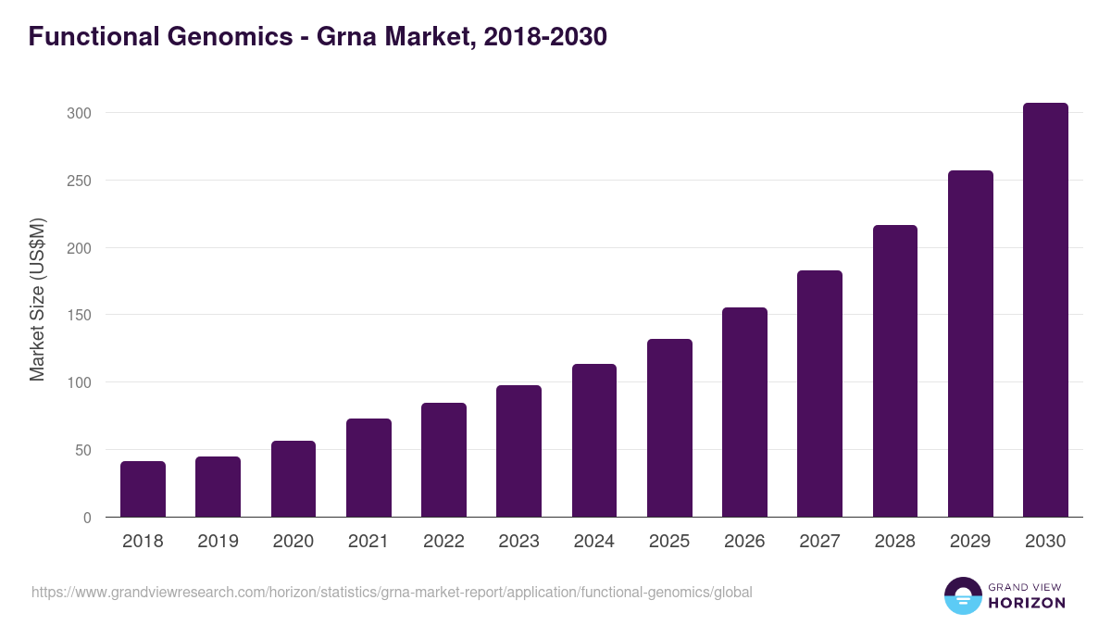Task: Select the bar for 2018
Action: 143,489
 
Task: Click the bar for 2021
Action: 368,468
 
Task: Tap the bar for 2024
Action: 594,441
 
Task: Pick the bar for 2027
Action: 819,394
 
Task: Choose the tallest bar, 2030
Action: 1045,310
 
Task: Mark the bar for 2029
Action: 970,344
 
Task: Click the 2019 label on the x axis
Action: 218,542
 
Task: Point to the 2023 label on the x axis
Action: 518,542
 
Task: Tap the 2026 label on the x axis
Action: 744,542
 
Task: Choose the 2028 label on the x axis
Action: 895,542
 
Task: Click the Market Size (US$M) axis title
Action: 37,300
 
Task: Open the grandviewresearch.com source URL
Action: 392,592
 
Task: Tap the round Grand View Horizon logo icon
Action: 963,595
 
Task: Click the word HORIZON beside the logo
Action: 1027,603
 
